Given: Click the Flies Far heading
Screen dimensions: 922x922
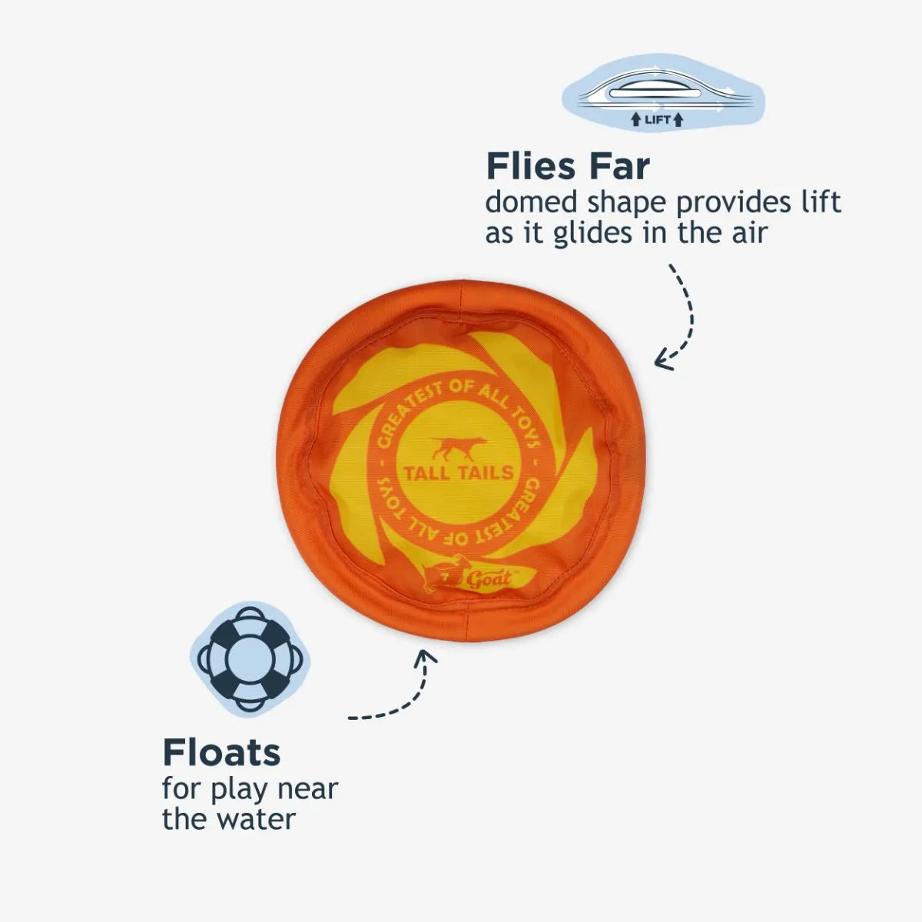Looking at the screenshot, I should [x=568, y=166].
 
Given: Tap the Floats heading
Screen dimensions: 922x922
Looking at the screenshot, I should [x=221, y=752].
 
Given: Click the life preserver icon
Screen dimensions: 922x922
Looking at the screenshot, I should [x=250, y=658].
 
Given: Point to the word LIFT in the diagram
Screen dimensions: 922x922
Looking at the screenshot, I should [x=657, y=119].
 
